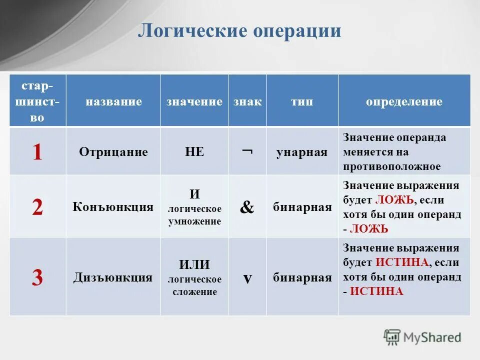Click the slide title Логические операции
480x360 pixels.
pyautogui.click(x=239, y=31)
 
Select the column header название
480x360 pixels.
pyautogui.click(x=113, y=102)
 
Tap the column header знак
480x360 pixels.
pyautogui.click(x=247, y=102)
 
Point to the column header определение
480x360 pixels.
pyautogui.click(x=404, y=102)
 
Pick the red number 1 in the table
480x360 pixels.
pyautogui.click(x=37, y=152)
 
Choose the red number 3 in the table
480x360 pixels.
pyautogui.click(x=37, y=277)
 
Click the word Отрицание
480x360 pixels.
pyautogui.click(x=113, y=152)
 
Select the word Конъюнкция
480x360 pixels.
pyautogui.click(x=113, y=206)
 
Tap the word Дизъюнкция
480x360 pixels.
pyautogui.click(x=113, y=277)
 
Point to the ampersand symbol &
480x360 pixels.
pyautogui.click(x=247, y=207)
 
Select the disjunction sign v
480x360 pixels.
pyautogui.click(x=247, y=278)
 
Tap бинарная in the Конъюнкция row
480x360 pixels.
pyautogui.click(x=302, y=207)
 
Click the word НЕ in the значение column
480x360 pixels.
pyautogui.click(x=194, y=152)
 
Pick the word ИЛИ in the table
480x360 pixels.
pyautogui.click(x=194, y=264)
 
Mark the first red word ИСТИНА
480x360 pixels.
pyautogui.click(x=402, y=262)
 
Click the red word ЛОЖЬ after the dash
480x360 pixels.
pyautogui.click(x=369, y=228)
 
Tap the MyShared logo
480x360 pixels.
pyautogui.click(x=422, y=337)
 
